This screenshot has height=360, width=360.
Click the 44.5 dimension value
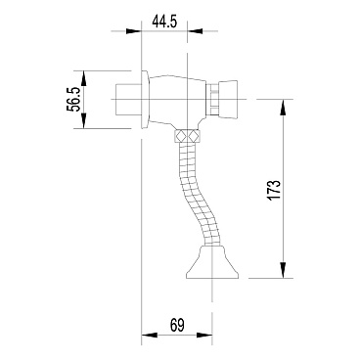pos(164,22)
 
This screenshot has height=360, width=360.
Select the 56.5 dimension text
pos(73,100)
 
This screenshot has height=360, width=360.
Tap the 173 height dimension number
pos(274,190)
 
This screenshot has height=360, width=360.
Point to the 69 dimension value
pos(177,325)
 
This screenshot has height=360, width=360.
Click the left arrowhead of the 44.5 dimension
pos(133,31)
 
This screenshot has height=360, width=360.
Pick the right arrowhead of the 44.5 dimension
pos(195,31)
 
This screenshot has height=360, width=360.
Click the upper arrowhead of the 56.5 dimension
pos(84,78)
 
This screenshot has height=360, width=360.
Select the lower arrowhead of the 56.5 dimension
pos(84,120)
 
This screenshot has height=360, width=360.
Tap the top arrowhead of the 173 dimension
pos(283,108)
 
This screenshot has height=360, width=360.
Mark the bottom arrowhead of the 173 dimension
pos(283,270)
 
